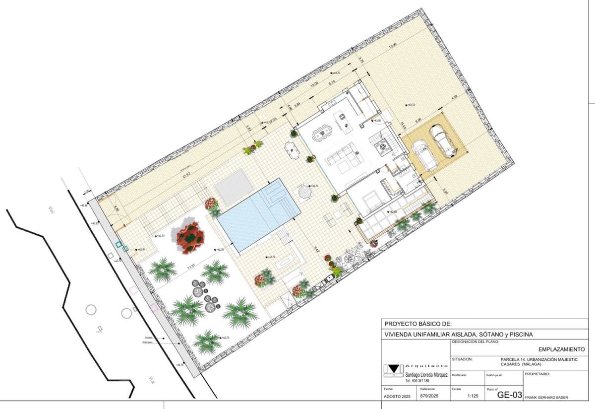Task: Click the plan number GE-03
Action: [509, 395]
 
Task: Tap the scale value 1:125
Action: [473, 397]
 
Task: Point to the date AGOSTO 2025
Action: [397, 397]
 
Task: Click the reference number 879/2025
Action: [429, 397]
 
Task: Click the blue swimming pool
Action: [259, 214]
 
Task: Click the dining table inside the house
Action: [321, 133]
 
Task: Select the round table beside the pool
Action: [304, 191]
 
